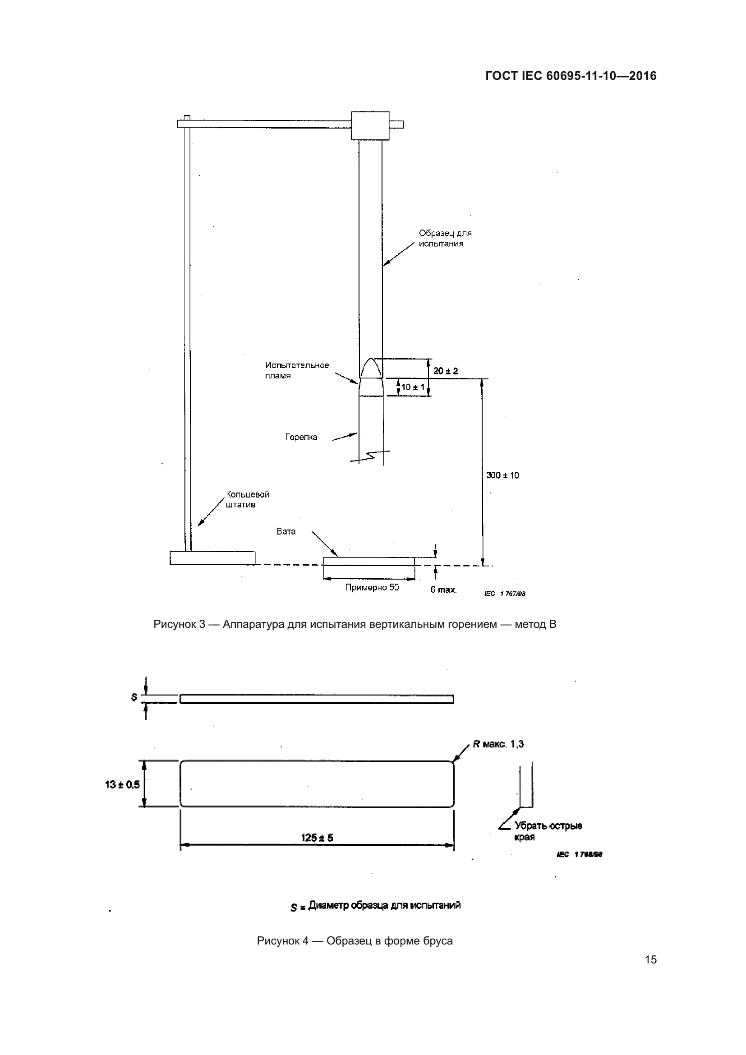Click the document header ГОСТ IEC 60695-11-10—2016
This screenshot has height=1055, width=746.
571,76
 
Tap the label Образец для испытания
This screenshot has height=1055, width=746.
445,238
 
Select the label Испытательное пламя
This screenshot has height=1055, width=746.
297,370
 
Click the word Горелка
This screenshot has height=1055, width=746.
301,437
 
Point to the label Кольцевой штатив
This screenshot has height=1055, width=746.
247,499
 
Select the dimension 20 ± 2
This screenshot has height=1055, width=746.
446,371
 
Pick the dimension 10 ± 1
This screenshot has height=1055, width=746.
413,387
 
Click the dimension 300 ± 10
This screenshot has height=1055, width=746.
502,475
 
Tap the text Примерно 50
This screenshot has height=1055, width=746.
372,587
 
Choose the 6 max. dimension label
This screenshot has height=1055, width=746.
443,590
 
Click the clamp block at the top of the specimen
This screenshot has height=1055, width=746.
370,125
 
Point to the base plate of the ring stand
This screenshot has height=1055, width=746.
212,557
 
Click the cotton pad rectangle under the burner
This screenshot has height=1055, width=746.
369,562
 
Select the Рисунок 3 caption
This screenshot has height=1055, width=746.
355,624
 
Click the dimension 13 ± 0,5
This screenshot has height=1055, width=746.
122,784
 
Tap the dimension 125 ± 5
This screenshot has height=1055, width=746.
317,838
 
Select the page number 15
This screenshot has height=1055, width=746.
650,959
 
